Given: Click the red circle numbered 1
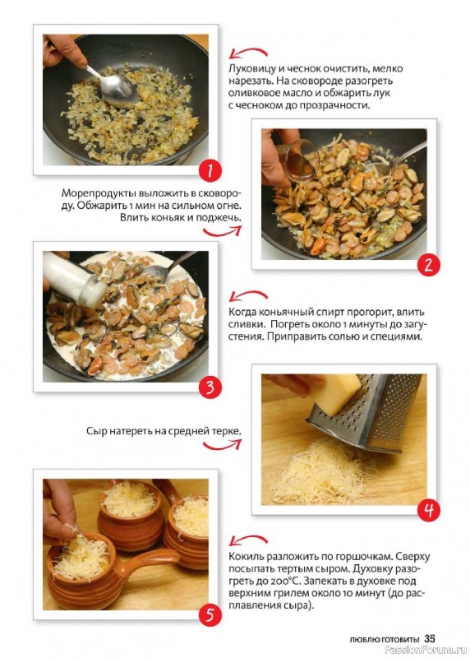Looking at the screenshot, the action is [210, 171].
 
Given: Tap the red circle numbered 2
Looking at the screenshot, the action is [428, 265].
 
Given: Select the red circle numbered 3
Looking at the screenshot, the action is [210, 387].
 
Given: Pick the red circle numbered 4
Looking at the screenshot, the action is [428, 510].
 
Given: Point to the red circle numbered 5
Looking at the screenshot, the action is [210, 615].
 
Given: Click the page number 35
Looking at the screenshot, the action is [430, 639].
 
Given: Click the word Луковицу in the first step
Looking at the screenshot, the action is [251, 69].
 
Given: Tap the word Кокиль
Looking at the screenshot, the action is [246, 557].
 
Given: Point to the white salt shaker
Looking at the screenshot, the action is [76, 278].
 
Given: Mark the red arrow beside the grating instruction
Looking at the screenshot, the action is [223, 444].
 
